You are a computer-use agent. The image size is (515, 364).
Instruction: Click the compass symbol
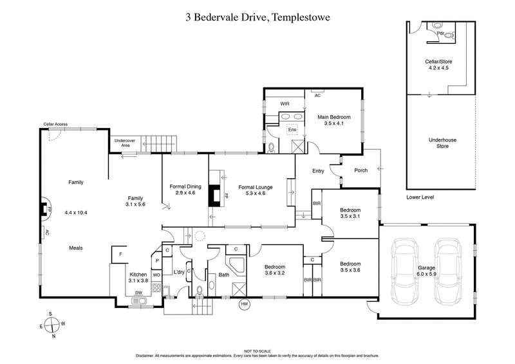[x=53, y=325]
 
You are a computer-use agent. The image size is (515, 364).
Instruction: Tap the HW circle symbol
[x=244, y=304]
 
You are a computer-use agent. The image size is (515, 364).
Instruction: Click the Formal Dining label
[x=185, y=190]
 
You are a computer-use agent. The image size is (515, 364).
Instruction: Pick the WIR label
[x=286, y=103]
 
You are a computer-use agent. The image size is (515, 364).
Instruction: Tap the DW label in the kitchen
[x=138, y=293]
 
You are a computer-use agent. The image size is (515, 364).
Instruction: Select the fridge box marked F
[x=120, y=254]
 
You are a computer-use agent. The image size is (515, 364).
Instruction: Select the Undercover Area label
[x=122, y=143]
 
